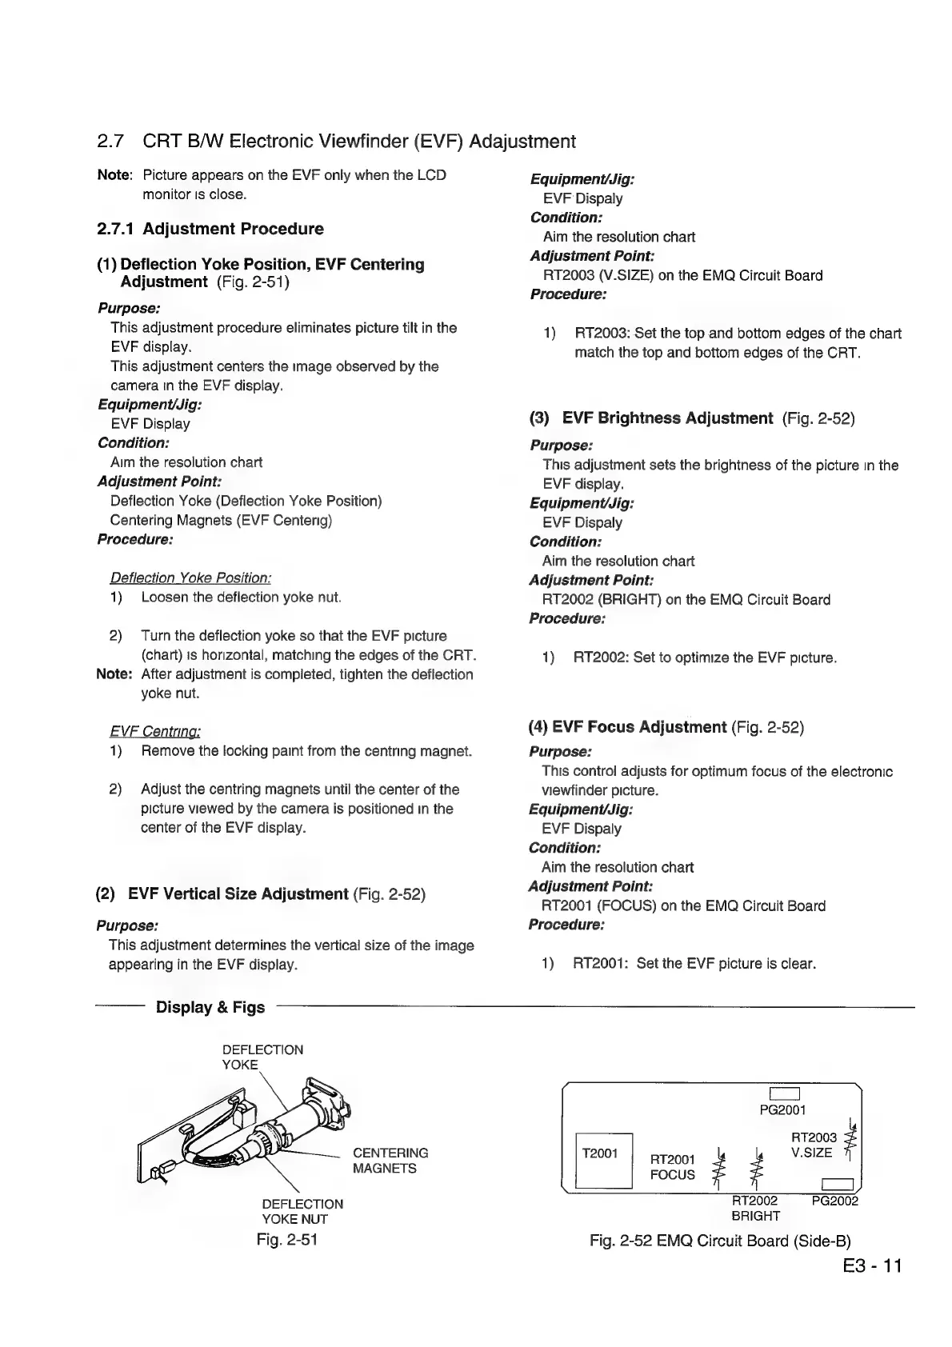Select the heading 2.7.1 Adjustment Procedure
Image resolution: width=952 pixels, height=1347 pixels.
pos(210,229)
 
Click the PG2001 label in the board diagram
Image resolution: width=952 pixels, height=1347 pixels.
pos(782,1109)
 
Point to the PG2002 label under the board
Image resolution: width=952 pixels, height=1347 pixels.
pos(834,1201)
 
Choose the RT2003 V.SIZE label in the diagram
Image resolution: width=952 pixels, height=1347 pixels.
pos(814,1145)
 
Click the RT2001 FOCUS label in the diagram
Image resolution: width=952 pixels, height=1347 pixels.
pos(673,1167)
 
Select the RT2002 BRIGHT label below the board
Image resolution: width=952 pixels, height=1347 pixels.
pos(755,1208)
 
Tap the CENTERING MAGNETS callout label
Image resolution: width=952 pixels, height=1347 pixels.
pos(390,1160)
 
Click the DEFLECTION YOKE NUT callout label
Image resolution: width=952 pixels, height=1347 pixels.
pos(302,1211)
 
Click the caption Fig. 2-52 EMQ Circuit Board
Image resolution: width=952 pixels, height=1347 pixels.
pos(720,1241)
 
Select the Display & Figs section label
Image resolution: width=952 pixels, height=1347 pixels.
pos(210,1007)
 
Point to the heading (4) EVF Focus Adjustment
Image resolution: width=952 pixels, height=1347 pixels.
pos(627,727)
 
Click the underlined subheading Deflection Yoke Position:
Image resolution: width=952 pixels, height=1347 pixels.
pos(190,578)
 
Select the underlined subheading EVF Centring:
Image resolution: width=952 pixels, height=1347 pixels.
pos(154,731)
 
